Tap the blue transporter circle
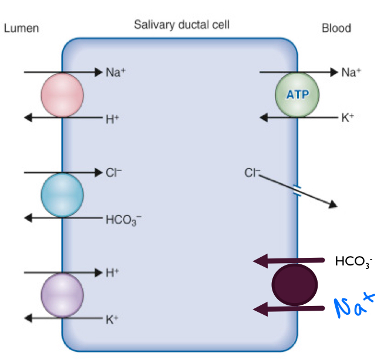coord(62,195)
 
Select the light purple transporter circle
coord(62,295)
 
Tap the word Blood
coord(336,28)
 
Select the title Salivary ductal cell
coord(181,25)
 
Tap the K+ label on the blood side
coord(348,118)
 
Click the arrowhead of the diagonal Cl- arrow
coord(334,205)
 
